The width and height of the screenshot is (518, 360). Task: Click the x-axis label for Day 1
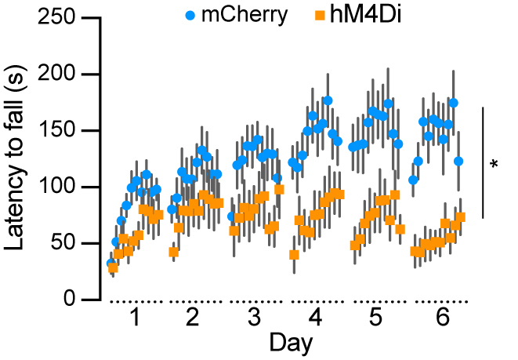pyautogui.click(x=136, y=318)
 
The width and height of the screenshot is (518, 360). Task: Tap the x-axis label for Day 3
pyautogui.click(x=254, y=318)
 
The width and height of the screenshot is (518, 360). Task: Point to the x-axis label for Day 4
pyautogui.click(x=315, y=318)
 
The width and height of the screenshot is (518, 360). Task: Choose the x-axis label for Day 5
pyautogui.click(x=375, y=318)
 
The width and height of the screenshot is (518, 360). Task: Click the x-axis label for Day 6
pyautogui.click(x=436, y=318)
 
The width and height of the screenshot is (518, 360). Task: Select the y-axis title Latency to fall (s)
pyautogui.click(x=16, y=158)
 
